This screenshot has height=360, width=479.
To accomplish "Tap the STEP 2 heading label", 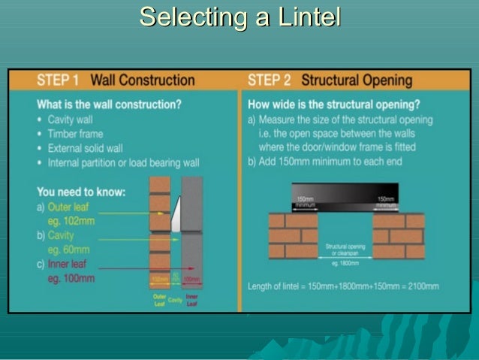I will [x=270, y=80].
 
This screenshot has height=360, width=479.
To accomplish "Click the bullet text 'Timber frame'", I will [x=74, y=134].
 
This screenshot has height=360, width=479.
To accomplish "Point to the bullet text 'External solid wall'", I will [x=85, y=148].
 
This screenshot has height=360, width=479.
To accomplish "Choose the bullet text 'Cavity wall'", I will [x=71, y=120].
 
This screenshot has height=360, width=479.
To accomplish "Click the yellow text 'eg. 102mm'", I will [x=71, y=220].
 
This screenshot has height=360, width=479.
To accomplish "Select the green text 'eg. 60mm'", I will [x=68, y=250].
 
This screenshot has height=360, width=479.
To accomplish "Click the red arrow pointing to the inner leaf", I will [x=188, y=268].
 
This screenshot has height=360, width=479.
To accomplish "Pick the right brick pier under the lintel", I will [x=398, y=234].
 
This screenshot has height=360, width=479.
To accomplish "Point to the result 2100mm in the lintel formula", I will [x=423, y=286].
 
